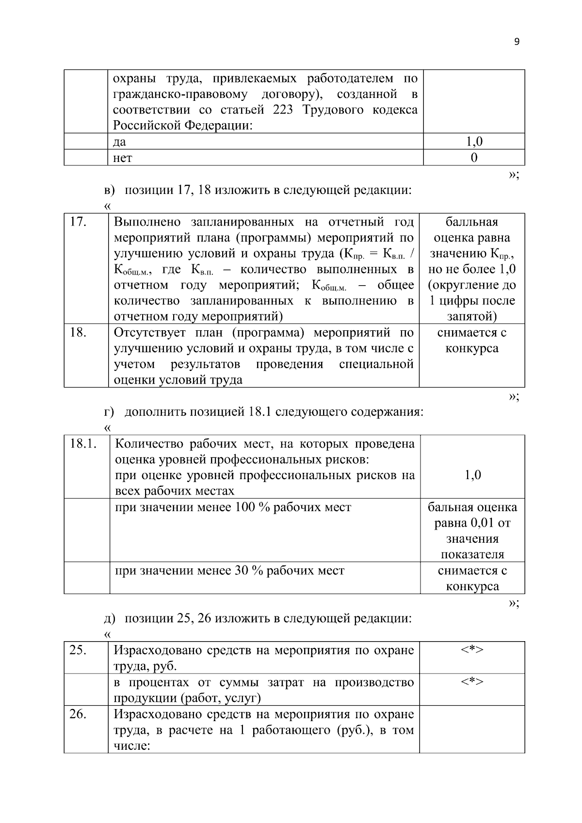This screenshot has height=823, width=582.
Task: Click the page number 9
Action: tap(517, 42)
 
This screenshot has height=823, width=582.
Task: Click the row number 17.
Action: tap(78, 222)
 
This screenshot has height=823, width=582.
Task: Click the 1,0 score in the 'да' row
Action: tap(474, 142)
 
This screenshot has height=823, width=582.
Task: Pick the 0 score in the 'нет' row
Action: tap(474, 158)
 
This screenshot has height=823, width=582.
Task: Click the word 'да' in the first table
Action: tap(119, 142)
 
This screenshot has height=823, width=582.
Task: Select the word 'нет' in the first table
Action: tap(122, 158)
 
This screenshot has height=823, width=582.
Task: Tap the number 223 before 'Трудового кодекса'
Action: tap(283, 110)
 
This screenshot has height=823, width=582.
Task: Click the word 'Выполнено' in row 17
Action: tap(147, 222)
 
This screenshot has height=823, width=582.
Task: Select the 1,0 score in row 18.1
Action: tap(473, 475)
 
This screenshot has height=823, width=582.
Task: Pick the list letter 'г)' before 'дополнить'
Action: tap(109, 413)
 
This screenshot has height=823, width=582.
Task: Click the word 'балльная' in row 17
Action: tap(472, 222)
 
